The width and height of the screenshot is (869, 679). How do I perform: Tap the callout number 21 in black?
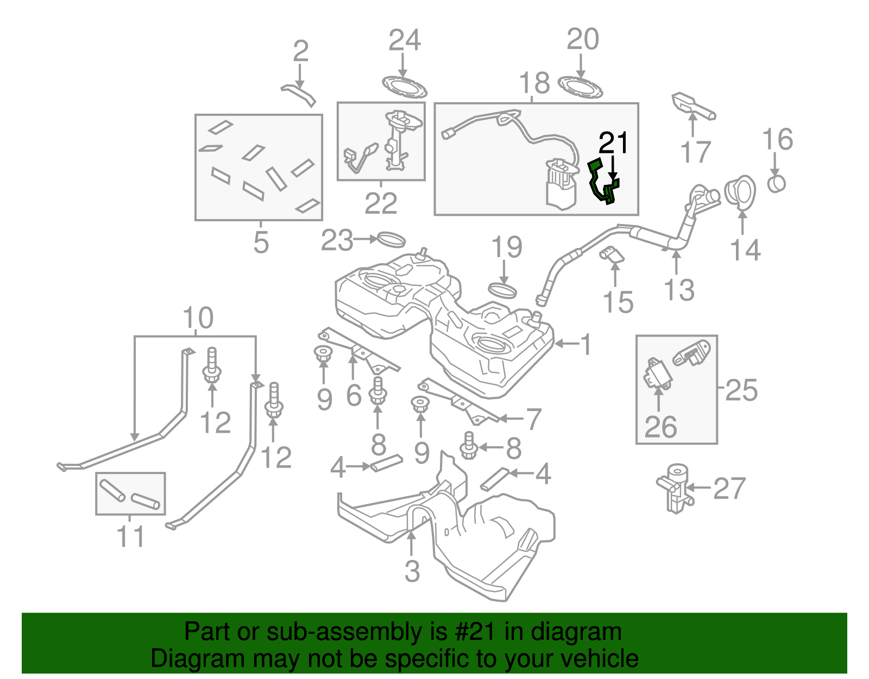tap(613, 143)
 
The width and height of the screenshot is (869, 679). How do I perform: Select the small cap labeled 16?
tap(777, 184)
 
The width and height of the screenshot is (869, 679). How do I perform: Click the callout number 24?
tap(405, 40)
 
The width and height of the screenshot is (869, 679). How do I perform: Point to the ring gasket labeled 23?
tap(391, 239)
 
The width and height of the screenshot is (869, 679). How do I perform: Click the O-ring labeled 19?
tap(503, 290)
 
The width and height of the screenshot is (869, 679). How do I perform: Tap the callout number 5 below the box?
tap(261, 242)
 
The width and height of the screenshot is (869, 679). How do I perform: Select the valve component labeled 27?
tap(675, 487)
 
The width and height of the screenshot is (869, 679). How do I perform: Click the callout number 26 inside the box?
tap(660, 427)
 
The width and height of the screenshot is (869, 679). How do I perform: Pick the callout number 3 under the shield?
tap(412, 571)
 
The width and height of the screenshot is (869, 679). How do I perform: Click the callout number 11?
tap(130, 537)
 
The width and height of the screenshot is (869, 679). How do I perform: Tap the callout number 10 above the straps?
tap(198, 318)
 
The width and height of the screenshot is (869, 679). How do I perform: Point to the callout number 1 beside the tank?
tap(585, 344)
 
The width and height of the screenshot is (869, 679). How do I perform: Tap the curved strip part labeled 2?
tap(298, 95)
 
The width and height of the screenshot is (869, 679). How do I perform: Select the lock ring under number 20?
tap(581, 88)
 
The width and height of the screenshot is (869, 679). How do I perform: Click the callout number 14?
tap(745, 250)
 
